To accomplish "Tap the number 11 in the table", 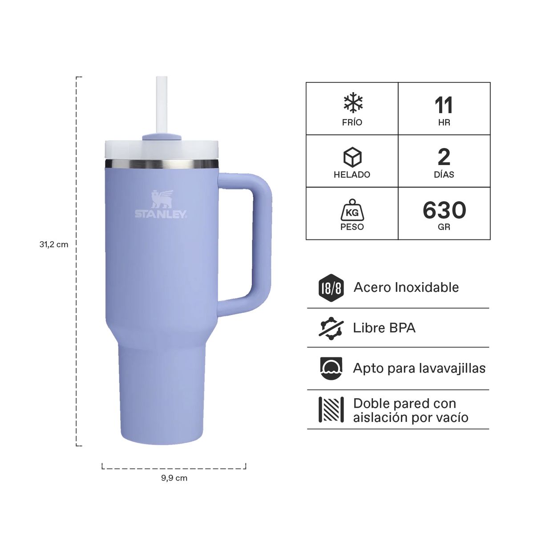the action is tap(444, 105).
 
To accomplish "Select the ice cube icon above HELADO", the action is tap(352, 157).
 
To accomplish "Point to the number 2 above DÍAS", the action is tap(444, 157).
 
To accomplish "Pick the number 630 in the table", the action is tap(444, 210).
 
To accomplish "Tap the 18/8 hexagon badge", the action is tap(331, 287).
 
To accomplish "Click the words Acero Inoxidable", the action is tap(406, 287).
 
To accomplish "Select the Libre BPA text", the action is tap(384, 328).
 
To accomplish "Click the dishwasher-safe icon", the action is tap(331, 368).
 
